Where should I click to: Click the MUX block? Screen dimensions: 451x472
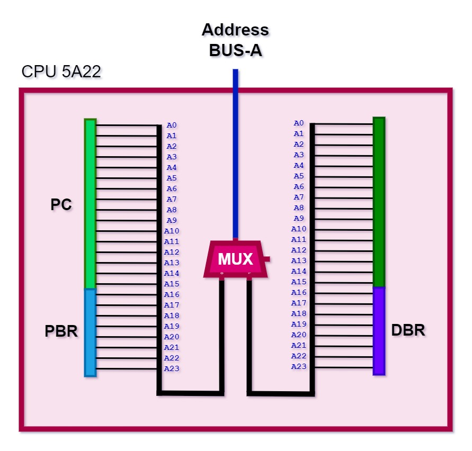click(x=236, y=259)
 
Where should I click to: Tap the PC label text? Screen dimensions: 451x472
click(x=61, y=205)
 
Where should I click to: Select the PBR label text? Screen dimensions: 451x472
click(x=61, y=331)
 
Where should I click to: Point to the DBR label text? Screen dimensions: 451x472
click(x=408, y=330)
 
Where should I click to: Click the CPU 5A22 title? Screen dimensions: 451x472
click(x=61, y=72)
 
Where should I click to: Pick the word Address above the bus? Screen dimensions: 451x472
click(x=235, y=30)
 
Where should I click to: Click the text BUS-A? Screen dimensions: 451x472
click(x=235, y=50)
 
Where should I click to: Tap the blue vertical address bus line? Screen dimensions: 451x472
click(x=236, y=154)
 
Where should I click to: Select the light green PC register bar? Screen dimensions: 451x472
click(x=90, y=204)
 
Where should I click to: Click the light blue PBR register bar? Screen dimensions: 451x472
click(x=90, y=332)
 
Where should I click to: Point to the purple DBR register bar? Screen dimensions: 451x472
click(x=379, y=331)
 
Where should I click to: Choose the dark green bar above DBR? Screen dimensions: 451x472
click(x=379, y=202)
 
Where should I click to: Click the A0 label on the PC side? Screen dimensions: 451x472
click(x=172, y=125)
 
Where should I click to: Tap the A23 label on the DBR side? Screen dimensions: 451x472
click(x=299, y=366)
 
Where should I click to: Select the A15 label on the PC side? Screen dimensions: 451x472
click(x=172, y=284)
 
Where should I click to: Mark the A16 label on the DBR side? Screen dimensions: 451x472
click(x=299, y=292)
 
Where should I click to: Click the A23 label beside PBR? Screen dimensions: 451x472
click(x=172, y=368)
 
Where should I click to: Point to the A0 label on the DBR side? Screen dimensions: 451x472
click(x=299, y=123)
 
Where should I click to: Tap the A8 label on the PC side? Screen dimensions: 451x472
click(x=172, y=210)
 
